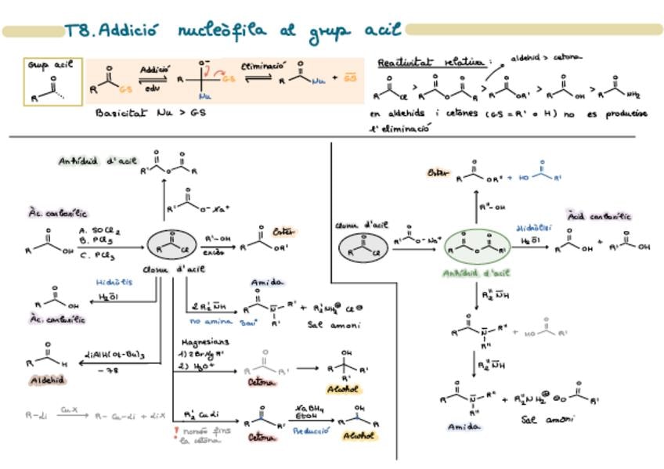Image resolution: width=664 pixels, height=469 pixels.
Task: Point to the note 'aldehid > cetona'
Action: point(547,57)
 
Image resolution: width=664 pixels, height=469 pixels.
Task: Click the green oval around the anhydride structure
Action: point(478,247)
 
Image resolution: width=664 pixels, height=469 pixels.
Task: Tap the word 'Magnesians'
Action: point(205,342)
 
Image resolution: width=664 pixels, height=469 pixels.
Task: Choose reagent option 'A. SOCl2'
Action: point(99,231)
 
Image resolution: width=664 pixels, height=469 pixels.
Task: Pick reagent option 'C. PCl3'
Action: point(97,255)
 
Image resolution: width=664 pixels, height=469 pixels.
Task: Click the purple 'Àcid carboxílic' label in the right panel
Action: point(600,215)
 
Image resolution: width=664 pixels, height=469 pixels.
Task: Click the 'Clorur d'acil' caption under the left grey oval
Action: point(175,269)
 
